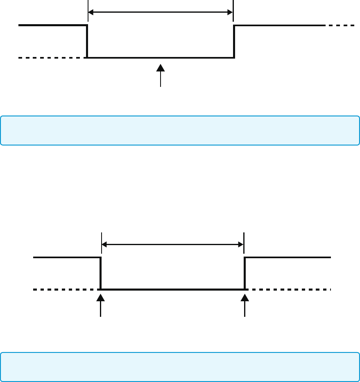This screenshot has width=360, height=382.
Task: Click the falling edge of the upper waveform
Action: click(x=87, y=41)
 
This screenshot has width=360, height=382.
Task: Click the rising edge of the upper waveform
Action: click(x=234, y=41)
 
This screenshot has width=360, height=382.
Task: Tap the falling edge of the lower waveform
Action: click(x=101, y=273)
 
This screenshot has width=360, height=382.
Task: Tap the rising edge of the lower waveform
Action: click(x=245, y=273)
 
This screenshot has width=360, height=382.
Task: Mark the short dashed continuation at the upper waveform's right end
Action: click(x=341, y=25)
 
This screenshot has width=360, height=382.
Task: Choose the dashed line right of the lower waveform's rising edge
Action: click(x=289, y=290)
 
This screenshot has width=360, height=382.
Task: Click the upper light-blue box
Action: click(x=180, y=131)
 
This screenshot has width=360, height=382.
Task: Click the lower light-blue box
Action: click(x=180, y=367)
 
